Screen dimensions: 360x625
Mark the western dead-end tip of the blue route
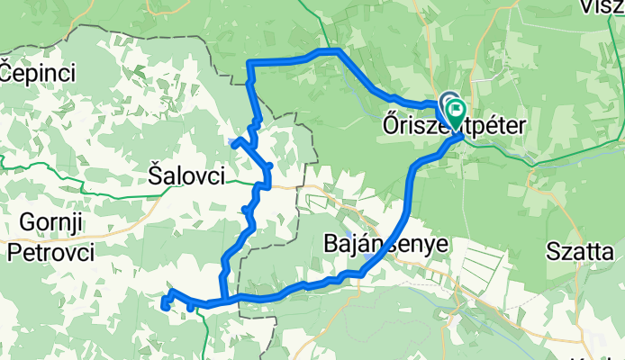(165, 307)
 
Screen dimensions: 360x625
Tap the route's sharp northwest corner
(249, 62)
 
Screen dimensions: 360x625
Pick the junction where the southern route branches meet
(222, 301)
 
